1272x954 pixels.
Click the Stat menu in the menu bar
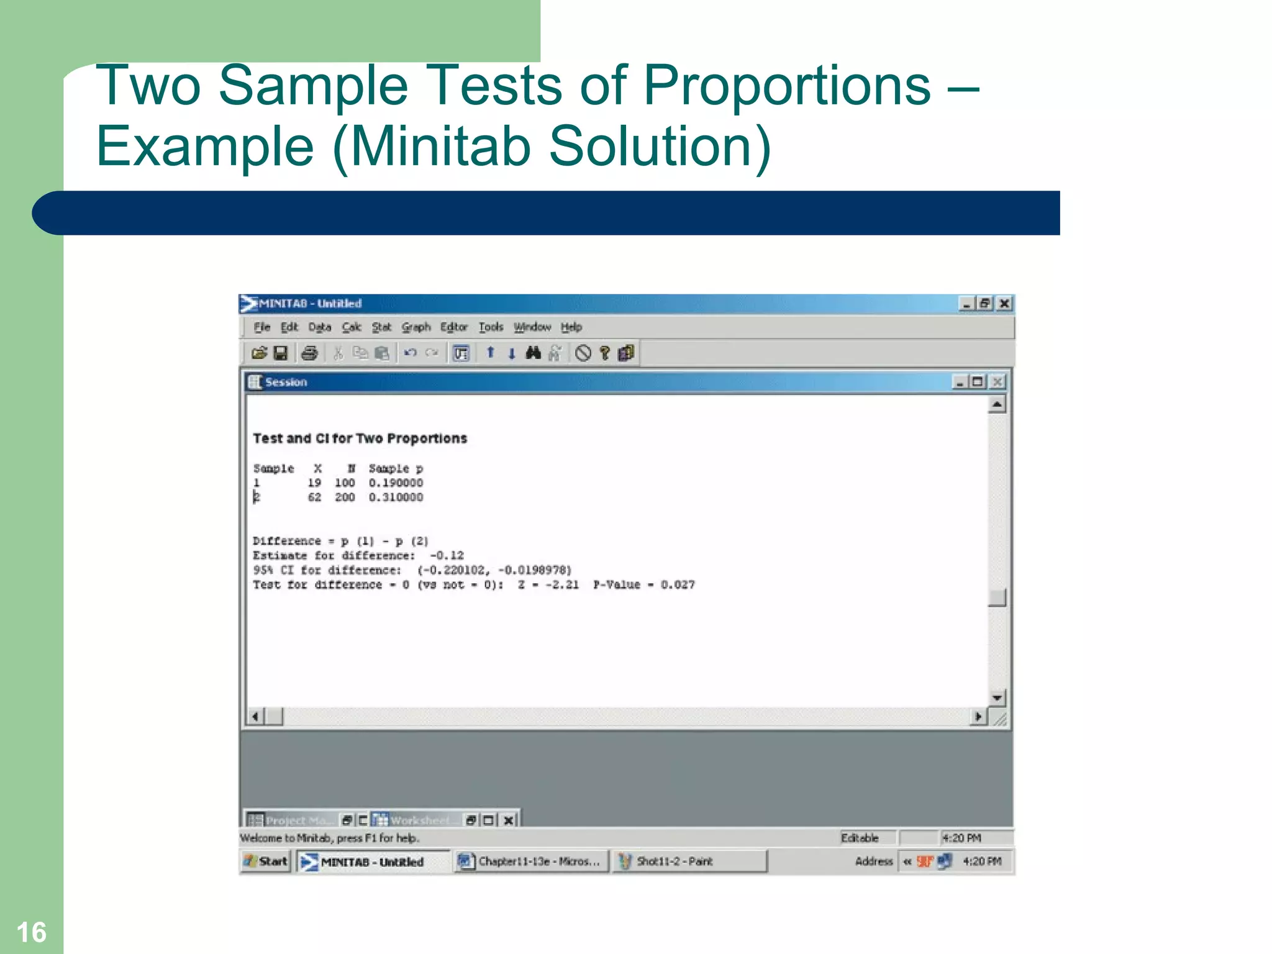(381, 327)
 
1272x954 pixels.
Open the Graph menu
(416, 327)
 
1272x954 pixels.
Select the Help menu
(571, 327)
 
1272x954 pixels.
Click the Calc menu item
(351, 327)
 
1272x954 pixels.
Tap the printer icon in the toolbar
(309, 353)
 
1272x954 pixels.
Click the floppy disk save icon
(281, 353)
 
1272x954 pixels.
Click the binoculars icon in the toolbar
(533, 353)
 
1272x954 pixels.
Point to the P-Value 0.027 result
(643, 585)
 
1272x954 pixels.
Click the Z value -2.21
(548, 585)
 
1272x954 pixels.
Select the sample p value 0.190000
(396, 483)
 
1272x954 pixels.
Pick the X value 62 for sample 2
(314, 497)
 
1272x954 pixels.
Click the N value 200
(345, 497)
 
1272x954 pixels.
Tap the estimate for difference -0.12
(447, 556)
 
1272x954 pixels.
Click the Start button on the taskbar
(266, 861)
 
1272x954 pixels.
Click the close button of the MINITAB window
(1004, 304)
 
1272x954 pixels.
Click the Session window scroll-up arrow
(997, 405)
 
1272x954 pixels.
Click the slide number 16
(31, 932)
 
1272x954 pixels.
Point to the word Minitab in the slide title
(442, 147)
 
